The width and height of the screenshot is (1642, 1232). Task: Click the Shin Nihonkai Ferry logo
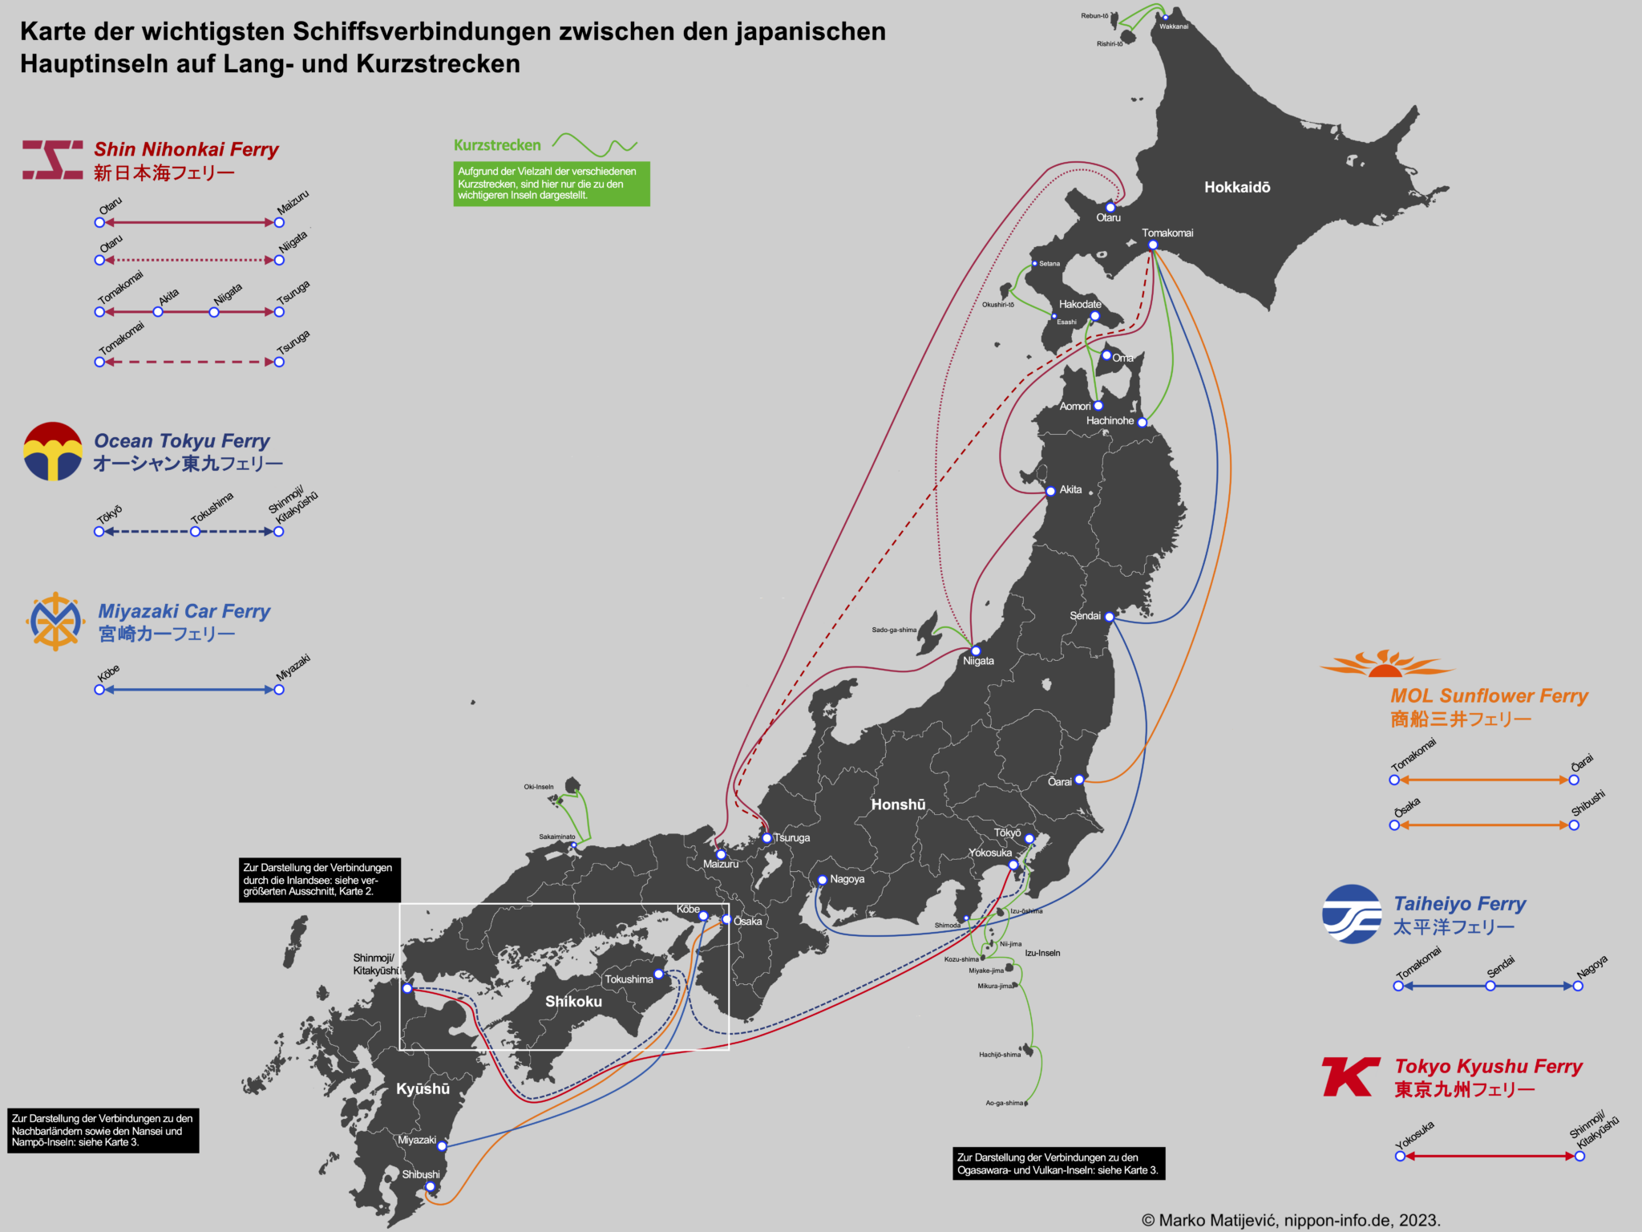(x=52, y=160)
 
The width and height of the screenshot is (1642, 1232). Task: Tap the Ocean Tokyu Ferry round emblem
(x=53, y=452)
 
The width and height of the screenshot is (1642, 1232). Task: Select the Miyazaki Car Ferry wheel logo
(x=55, y=622)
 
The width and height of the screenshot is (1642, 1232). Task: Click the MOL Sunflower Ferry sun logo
(x=1385, y=664)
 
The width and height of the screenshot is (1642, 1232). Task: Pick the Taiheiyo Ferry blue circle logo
(x=1352, y=914)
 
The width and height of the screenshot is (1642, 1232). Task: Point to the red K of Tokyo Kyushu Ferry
(x=1350, y=1076)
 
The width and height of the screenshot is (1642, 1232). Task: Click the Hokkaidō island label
(x=1237, y=188)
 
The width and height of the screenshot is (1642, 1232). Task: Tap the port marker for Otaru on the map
(x=1110, y=208)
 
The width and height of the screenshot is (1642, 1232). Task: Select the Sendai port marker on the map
(x=1110, y=617)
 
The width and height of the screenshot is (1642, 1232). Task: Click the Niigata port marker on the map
(x=976, y=651)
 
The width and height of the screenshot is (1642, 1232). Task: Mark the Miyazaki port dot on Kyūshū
(x=442, y=1146)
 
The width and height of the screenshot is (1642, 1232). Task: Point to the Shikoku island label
(x=573, y=1002)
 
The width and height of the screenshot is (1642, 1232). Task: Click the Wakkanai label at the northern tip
(x=1174, y=26)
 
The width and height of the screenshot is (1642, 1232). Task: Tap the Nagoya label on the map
(x=847, y=879)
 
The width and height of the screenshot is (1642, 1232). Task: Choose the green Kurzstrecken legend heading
(x=497, y=145)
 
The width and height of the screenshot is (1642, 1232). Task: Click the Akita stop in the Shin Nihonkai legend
(x=158, y=312)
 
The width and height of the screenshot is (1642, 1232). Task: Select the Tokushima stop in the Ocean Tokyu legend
(x=195, y=532)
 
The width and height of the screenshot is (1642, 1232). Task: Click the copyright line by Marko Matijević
(x=1291, y=1220)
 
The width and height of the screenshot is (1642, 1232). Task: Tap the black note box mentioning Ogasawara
(x=1058, y=1164)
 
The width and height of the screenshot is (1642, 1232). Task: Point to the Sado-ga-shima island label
(x=894, y=630)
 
